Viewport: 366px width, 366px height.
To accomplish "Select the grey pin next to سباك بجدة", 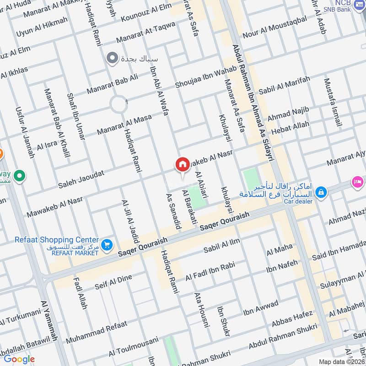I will pos(111,58).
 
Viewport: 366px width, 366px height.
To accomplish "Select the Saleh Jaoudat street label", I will pos(81,179).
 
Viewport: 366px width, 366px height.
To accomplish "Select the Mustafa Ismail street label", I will pos(333,102).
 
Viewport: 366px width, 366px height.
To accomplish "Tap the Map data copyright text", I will pos(341,361).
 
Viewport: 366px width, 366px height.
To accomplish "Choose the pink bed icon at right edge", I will pos(356,182).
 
